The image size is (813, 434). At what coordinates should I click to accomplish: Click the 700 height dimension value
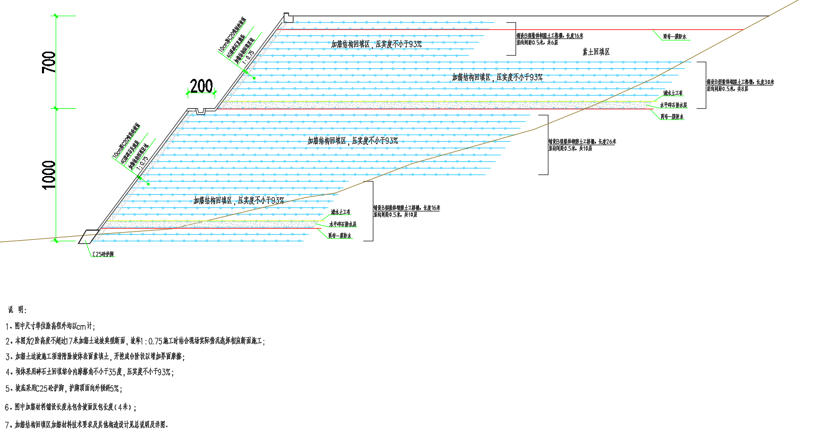[x=49, y=62]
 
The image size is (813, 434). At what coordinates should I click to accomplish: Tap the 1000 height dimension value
[x=49, y=175]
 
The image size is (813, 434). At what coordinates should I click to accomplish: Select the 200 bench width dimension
[x=201, y=86]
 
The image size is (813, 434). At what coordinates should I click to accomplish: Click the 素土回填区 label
[x=595, y=52]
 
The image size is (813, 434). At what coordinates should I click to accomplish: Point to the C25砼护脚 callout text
[x=103, y=254]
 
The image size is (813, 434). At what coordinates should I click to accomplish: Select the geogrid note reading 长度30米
[x=740, y=82]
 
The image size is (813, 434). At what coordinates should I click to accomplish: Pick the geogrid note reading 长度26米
[x=582, y=142]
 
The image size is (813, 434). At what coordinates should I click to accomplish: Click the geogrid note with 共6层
[x=537, y=42]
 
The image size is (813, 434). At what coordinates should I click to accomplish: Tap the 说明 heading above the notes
[x=17, y=310]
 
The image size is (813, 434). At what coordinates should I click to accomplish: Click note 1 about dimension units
[x=50, y=326]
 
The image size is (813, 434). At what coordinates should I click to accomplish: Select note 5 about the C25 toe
[x=63, y=388]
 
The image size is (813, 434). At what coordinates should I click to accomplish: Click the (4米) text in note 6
[x=123, y=407]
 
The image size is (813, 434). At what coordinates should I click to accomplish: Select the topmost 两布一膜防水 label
[x=674, y=37]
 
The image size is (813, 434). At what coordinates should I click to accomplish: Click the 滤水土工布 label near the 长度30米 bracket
[x=673, y=93]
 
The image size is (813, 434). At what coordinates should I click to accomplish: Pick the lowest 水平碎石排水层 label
[x=343, y=224]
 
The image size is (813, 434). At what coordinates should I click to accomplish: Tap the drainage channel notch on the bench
[x=201, y=111]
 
